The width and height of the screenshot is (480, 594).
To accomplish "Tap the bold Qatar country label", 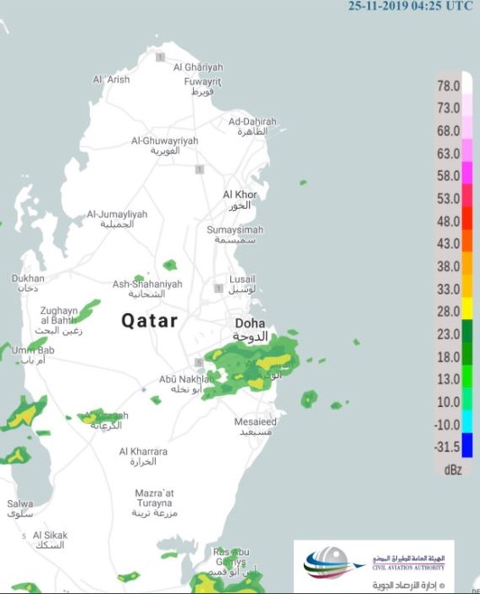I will pos(149,321).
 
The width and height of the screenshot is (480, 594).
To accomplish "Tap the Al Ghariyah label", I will pos(198,67).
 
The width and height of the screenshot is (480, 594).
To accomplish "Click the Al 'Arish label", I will pos(111,80).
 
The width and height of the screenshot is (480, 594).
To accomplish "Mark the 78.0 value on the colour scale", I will pos(448,86).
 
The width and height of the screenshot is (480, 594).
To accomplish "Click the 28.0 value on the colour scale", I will pos(448,310).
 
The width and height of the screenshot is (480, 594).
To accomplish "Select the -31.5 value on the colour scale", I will pos(448,447).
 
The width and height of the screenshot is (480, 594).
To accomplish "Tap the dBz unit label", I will pos(452,470).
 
